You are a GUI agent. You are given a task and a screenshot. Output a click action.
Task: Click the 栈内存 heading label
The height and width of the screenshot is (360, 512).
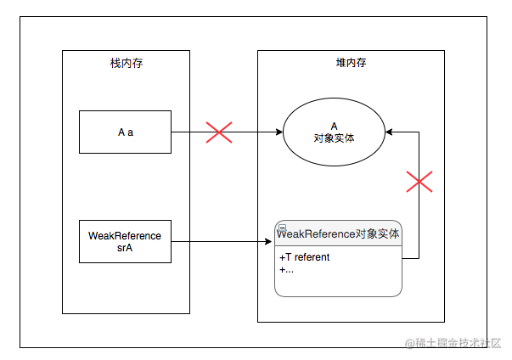tap(127, 63)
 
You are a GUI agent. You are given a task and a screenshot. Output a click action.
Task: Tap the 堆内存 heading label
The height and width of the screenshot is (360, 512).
tap(351, 62)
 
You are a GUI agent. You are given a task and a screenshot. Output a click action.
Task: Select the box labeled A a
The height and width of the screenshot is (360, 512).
tap(125, 132)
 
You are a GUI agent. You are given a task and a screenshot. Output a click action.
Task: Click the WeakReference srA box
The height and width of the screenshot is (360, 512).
tap(125, 241)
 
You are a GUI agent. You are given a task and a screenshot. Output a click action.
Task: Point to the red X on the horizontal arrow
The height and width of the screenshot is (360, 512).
tap(219, 132)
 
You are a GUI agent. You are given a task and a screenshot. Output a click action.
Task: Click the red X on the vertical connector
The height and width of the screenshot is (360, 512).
tap(419, 182)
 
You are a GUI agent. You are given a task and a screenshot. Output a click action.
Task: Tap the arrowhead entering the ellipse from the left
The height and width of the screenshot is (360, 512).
tap(279, 132)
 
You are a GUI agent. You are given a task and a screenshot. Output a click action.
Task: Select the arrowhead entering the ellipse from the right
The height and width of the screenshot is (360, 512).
tap(389, 132)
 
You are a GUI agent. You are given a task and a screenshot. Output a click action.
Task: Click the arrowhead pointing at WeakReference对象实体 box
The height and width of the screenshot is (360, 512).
tap(268, 241)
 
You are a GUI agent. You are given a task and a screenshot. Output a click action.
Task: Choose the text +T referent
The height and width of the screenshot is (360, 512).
tap(304, 257)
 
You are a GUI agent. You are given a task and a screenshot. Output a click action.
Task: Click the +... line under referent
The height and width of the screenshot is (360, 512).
tap(286, 270)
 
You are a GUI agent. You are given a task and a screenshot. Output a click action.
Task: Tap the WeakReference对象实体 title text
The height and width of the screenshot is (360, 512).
tap(338, 233)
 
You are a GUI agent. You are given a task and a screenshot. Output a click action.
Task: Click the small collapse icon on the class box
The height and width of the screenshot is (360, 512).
tap(283, 228)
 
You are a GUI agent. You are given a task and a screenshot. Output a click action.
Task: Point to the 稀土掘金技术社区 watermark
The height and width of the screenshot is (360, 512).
tap(453, 343)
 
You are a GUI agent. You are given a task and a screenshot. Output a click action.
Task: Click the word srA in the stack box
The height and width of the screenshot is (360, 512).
tap(125, 248)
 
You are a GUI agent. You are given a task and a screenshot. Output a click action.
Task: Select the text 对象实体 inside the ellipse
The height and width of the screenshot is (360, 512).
tap(334, 138)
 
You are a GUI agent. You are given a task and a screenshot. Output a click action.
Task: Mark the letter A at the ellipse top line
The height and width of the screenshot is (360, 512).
tap(334, 127)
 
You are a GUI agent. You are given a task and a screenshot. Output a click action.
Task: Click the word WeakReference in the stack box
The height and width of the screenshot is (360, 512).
tap(125, 236)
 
